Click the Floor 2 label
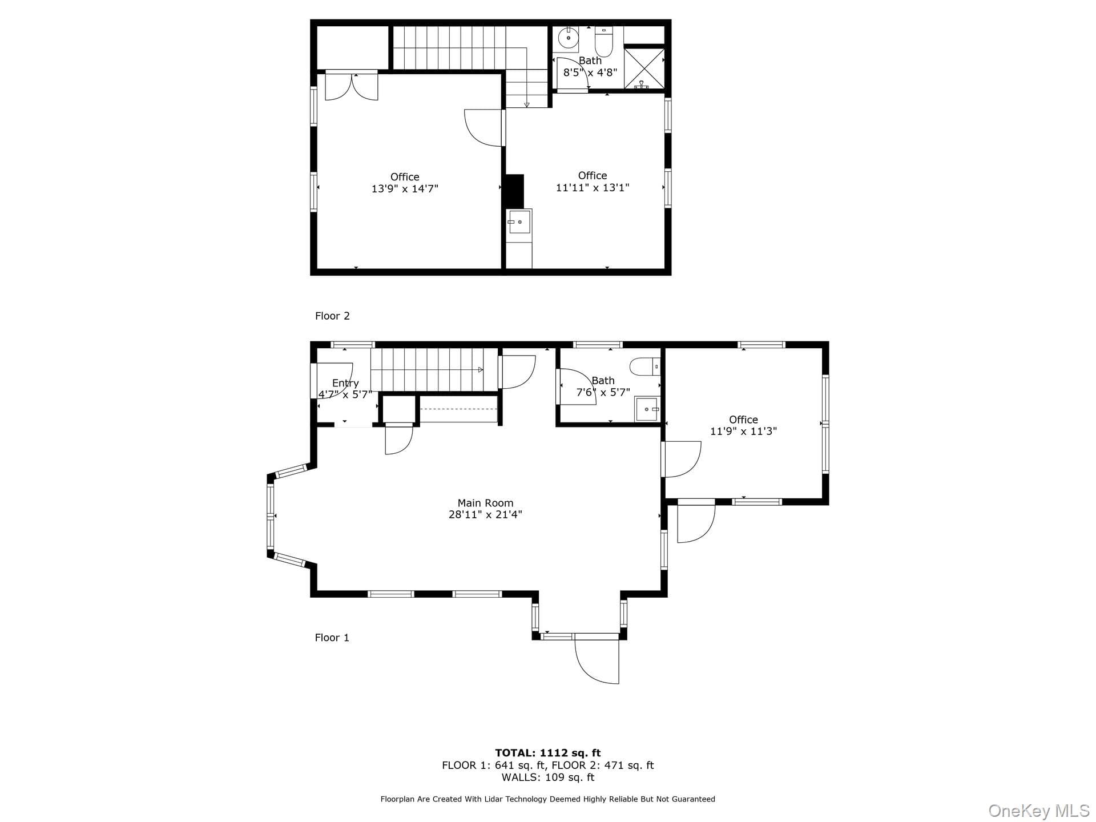(332, 316)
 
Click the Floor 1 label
(332, 638)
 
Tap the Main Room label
(485, 503)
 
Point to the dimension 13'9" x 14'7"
(405, 188)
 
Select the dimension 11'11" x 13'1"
(593, 187)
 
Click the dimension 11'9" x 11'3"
(743, 431)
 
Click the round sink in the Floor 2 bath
(569, 38)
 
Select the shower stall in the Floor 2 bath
(644, 68)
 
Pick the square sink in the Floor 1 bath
(647, 409)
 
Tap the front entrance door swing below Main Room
(597, 659)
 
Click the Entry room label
(345, 384)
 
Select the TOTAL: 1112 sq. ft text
(547, 753)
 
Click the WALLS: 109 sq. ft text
(548, 777)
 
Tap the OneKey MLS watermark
(1039, 811)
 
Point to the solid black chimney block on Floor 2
(514, 191)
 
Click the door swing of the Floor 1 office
(682, 459)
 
